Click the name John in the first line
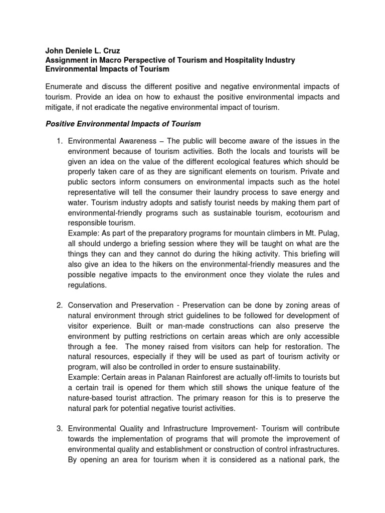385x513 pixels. coord(55,51)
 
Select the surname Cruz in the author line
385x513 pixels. coord(111,51)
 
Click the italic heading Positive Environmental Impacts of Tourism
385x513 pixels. coord(123,124)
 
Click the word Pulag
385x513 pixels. coord(329,232)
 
